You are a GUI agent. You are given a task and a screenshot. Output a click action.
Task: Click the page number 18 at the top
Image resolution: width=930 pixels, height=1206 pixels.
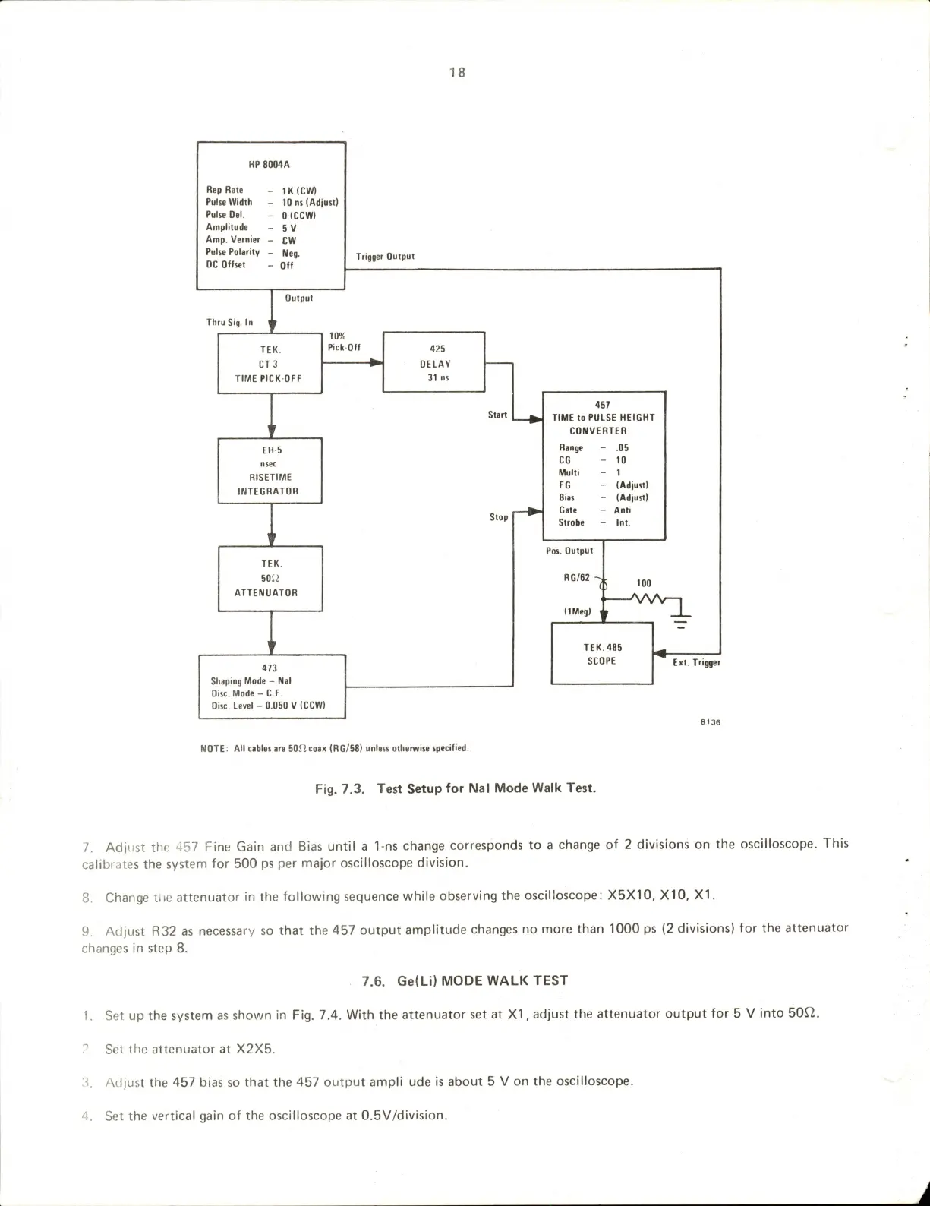457,72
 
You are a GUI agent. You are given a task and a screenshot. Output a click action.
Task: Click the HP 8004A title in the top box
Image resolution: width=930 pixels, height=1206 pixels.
270,164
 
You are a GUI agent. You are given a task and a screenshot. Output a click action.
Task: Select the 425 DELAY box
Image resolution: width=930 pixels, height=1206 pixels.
433,362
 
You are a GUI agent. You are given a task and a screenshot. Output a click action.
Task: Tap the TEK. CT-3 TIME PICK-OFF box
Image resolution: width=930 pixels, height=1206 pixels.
270,364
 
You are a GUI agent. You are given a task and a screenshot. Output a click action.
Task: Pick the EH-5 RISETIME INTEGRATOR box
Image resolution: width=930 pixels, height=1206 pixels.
270,471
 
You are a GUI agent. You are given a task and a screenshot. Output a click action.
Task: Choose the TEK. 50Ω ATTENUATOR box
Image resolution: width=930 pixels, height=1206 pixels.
270,578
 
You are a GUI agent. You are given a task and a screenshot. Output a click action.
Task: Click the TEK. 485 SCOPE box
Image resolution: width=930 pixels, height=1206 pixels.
602,654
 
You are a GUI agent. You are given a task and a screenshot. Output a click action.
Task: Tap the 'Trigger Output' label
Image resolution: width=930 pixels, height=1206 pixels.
385,257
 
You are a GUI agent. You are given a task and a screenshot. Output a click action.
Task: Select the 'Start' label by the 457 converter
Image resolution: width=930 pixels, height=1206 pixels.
497,415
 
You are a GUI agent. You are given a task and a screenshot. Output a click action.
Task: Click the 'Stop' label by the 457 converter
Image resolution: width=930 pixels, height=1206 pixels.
498,517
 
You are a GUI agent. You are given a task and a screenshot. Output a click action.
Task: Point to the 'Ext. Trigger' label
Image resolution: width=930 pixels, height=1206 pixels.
696,662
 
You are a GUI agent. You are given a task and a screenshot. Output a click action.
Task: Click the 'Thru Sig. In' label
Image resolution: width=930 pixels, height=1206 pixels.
229,322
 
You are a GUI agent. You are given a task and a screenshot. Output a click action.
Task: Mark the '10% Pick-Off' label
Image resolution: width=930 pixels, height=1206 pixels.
343,342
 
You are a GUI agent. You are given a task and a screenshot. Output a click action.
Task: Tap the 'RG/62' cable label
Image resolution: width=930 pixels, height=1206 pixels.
576,578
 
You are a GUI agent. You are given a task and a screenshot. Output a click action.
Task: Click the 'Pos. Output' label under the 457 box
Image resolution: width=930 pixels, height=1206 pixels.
569,551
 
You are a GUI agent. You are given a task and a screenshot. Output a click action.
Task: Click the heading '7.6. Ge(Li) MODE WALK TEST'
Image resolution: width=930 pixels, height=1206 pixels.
465,980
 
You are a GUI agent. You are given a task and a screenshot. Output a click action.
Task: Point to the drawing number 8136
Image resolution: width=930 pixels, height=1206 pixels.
710,721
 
